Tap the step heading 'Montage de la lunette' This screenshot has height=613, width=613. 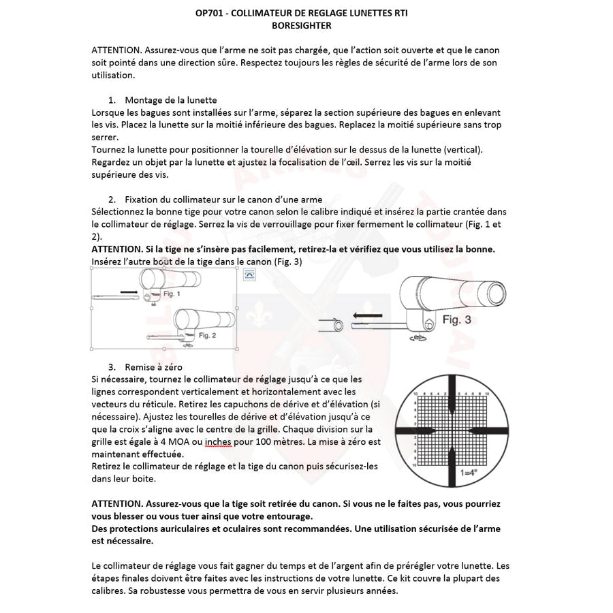(x=170, y=100)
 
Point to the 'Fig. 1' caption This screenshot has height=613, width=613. (x=172, y=294)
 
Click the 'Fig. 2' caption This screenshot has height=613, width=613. (x=208, y=336)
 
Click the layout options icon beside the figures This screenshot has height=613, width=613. (x=249, y=274)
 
